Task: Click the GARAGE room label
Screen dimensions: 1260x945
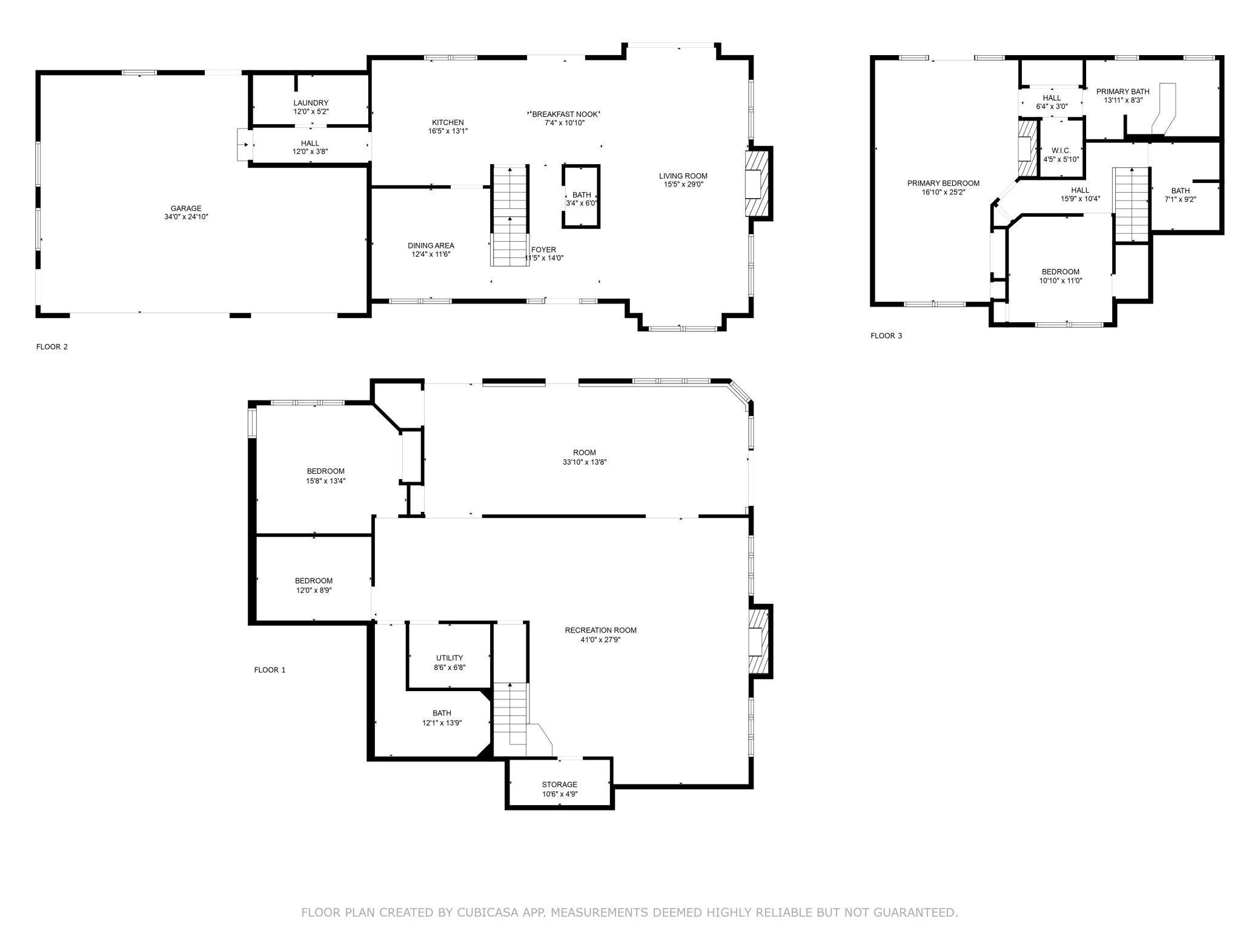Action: coord(186,208)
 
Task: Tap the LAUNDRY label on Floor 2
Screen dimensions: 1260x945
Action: coord(311,103)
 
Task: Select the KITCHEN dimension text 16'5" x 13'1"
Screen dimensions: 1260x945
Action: coord(448,131)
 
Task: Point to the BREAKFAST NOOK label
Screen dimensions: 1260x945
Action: coord(565,114)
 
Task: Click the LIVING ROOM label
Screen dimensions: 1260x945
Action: coord(683,176)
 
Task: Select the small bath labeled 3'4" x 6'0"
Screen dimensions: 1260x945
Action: coord(582,196)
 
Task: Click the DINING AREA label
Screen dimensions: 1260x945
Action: coord(431,245)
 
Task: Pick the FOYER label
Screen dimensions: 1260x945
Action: coord(543,250)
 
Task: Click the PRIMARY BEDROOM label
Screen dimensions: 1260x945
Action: coord(943,183)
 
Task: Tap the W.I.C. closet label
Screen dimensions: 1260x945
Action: coord(1061,150)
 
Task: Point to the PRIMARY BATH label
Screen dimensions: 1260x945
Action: coord(1122,91)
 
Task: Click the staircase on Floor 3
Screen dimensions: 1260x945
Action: coord(1131,204)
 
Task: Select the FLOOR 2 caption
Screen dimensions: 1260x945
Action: coord(52,346)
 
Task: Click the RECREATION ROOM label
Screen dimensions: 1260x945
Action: coord(600,630)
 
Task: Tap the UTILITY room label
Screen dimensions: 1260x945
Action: coord(449,658)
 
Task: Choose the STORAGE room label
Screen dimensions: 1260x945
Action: coord(560,784)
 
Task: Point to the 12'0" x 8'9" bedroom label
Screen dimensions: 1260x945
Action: coord(314,585)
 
